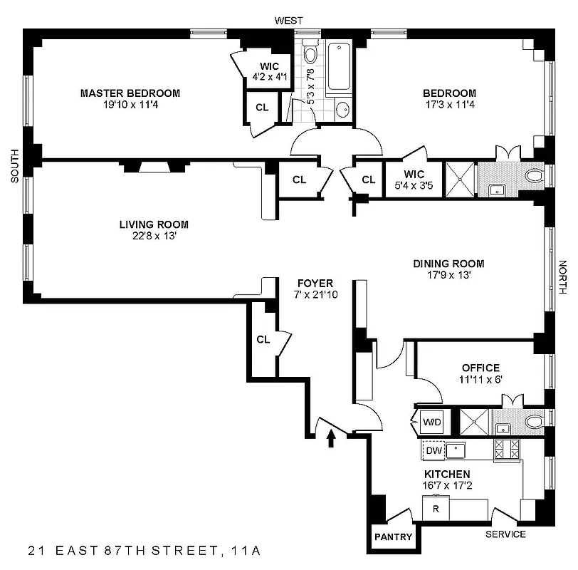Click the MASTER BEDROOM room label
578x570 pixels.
point(130,93)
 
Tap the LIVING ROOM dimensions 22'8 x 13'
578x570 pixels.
point(154,237)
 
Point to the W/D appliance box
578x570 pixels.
point(432,422)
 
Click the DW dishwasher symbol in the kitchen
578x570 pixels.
point(432,450)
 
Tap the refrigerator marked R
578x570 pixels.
point(435,509)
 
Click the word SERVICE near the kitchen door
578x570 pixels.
point(505,534)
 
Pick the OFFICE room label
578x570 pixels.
point(480,368)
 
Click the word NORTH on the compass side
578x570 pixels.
point(562,277)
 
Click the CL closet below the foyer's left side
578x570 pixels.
point(263,339)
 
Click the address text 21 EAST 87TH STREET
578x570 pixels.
point(125,550)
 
